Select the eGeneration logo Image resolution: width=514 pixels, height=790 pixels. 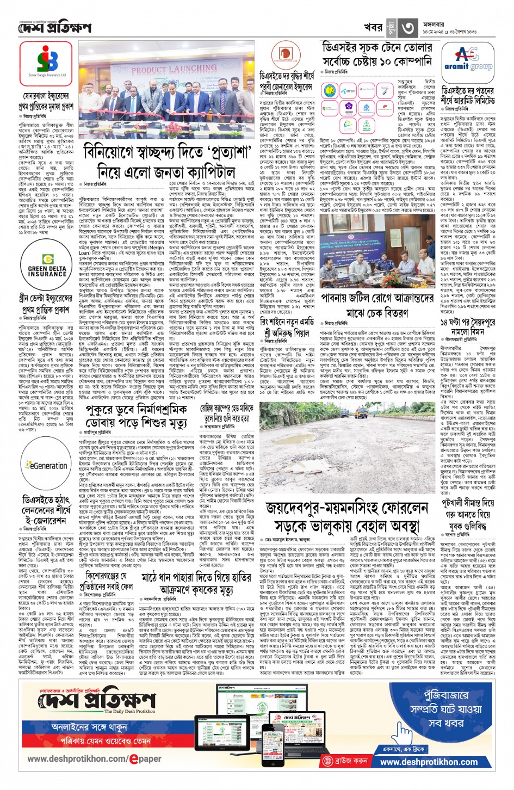click(x=47, y=466)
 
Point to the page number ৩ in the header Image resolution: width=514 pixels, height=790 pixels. click(x=408, y=27)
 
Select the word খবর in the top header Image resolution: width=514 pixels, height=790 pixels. click(x=373, y=27)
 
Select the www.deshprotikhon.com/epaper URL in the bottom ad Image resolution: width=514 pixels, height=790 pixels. click(x=95, y=758)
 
